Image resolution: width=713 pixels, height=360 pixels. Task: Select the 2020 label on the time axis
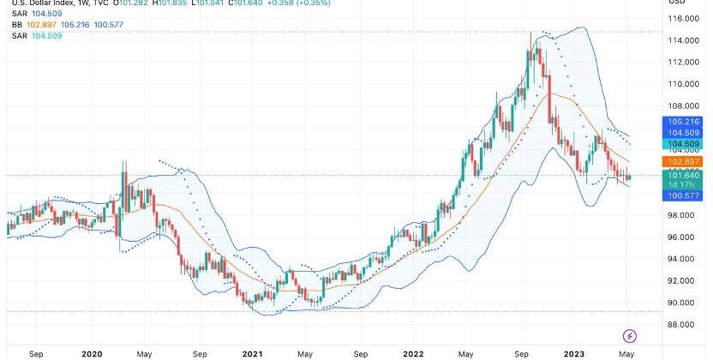click(92, 352)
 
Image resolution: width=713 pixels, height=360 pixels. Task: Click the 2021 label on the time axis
click(252, 352)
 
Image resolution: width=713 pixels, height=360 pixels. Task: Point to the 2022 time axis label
click(413, 352)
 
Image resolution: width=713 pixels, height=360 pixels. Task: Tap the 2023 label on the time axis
click(573, 352)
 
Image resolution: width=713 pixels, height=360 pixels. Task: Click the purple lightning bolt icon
click(630, 335)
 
